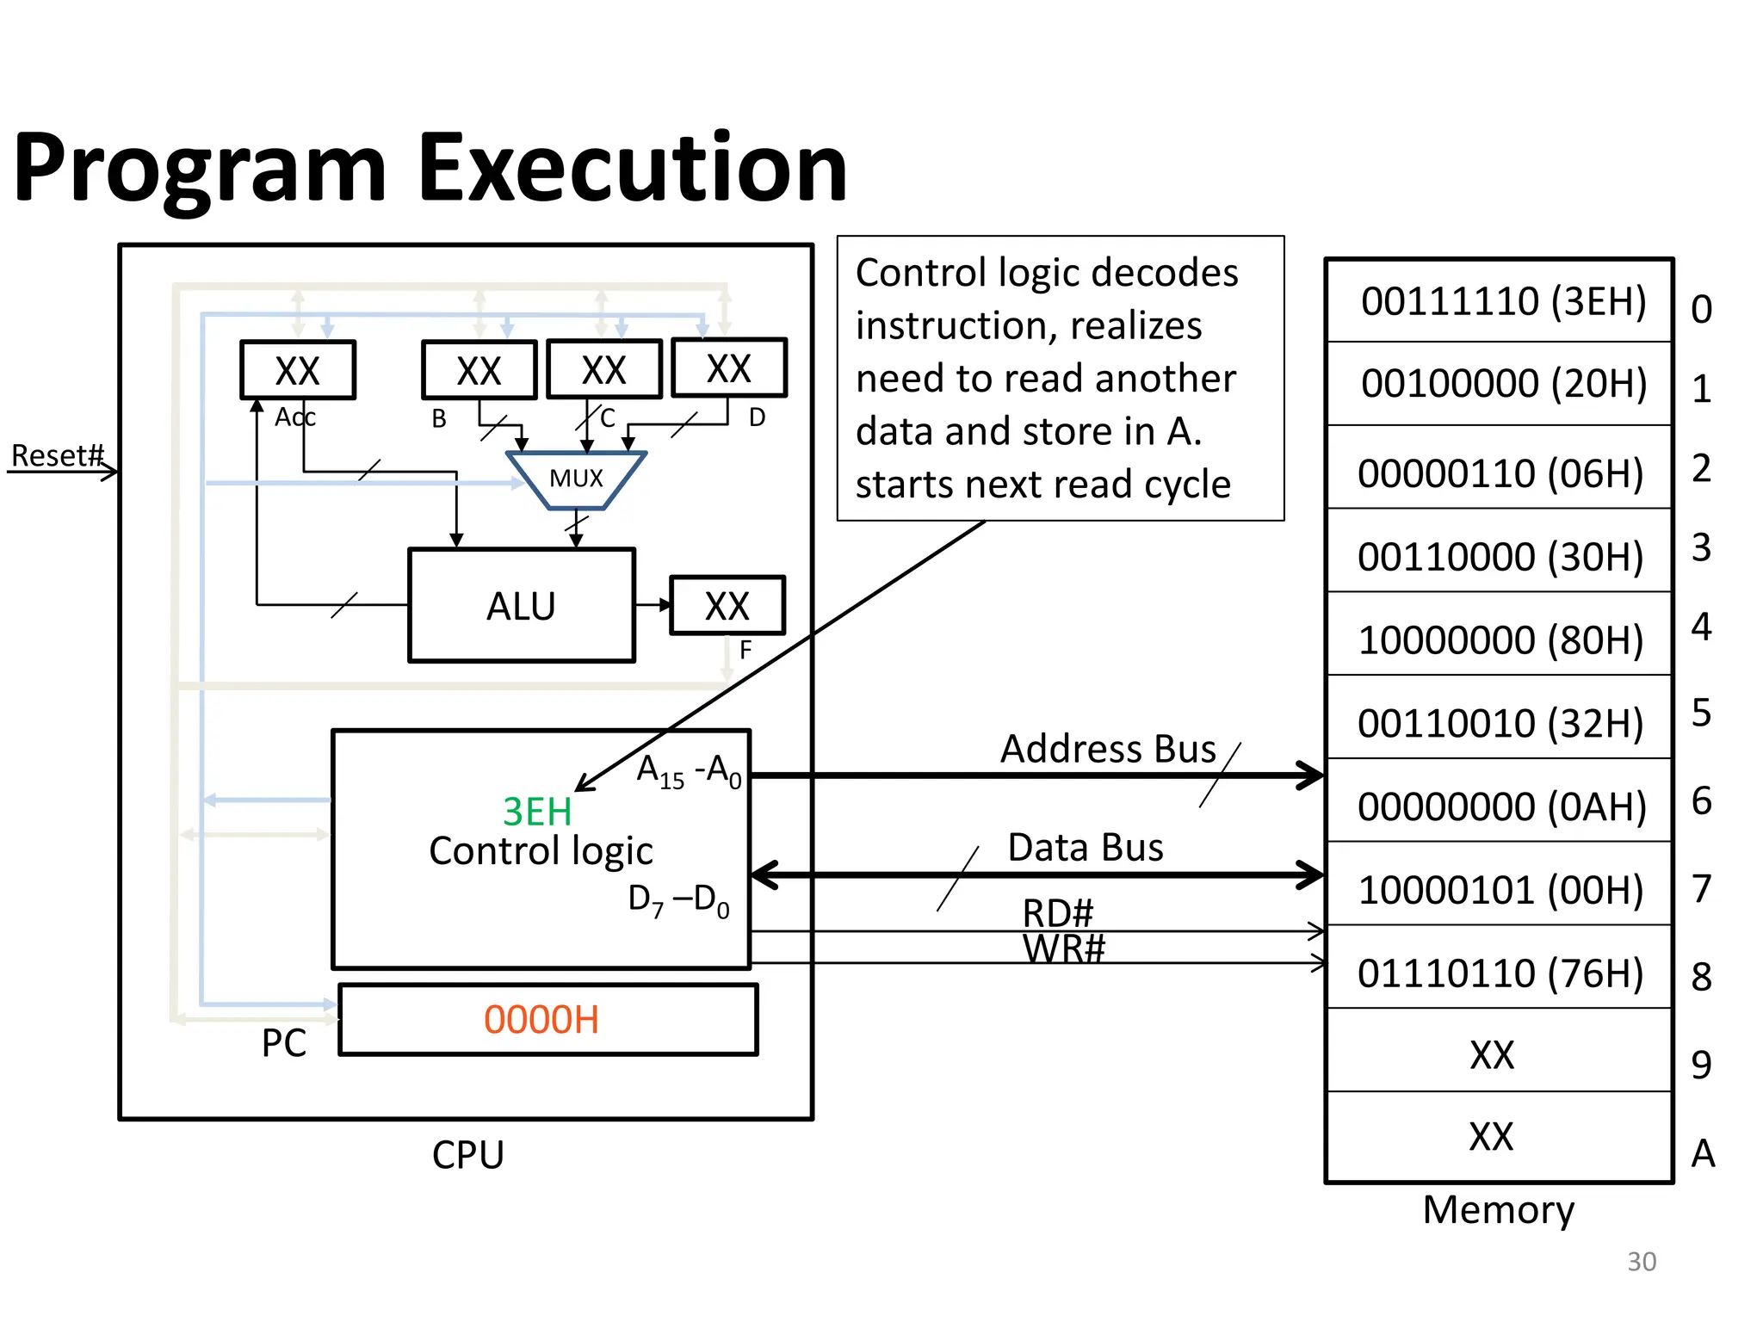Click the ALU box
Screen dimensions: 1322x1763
click(521, 605)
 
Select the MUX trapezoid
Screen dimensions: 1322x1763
click(576, 479)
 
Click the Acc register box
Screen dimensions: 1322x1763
click(297, 370)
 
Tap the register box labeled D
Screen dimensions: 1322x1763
click(728, 368)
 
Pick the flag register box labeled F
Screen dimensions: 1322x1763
click(727, 606)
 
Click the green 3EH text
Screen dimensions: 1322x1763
click(537, 812)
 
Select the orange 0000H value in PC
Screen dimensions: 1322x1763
click(541, 1020)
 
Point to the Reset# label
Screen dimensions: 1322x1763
click(57, 455)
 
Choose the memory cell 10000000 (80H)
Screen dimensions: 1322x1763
click(1500, 639)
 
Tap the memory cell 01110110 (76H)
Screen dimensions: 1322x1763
click(1500, 973)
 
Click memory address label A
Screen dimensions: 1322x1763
click(1703, 1153)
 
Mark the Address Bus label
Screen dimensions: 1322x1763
click(1108, 749)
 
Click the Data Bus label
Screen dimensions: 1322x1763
click(1085, 848)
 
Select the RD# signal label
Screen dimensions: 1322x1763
click(1057, 912)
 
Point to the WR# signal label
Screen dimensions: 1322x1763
click(1063, 949)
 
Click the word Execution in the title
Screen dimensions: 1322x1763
click(633, 168)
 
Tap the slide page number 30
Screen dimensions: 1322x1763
click(1642, 1261)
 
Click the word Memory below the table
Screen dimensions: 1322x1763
click(1498, 1209)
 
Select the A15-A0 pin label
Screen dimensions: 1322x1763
click(689, 770)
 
